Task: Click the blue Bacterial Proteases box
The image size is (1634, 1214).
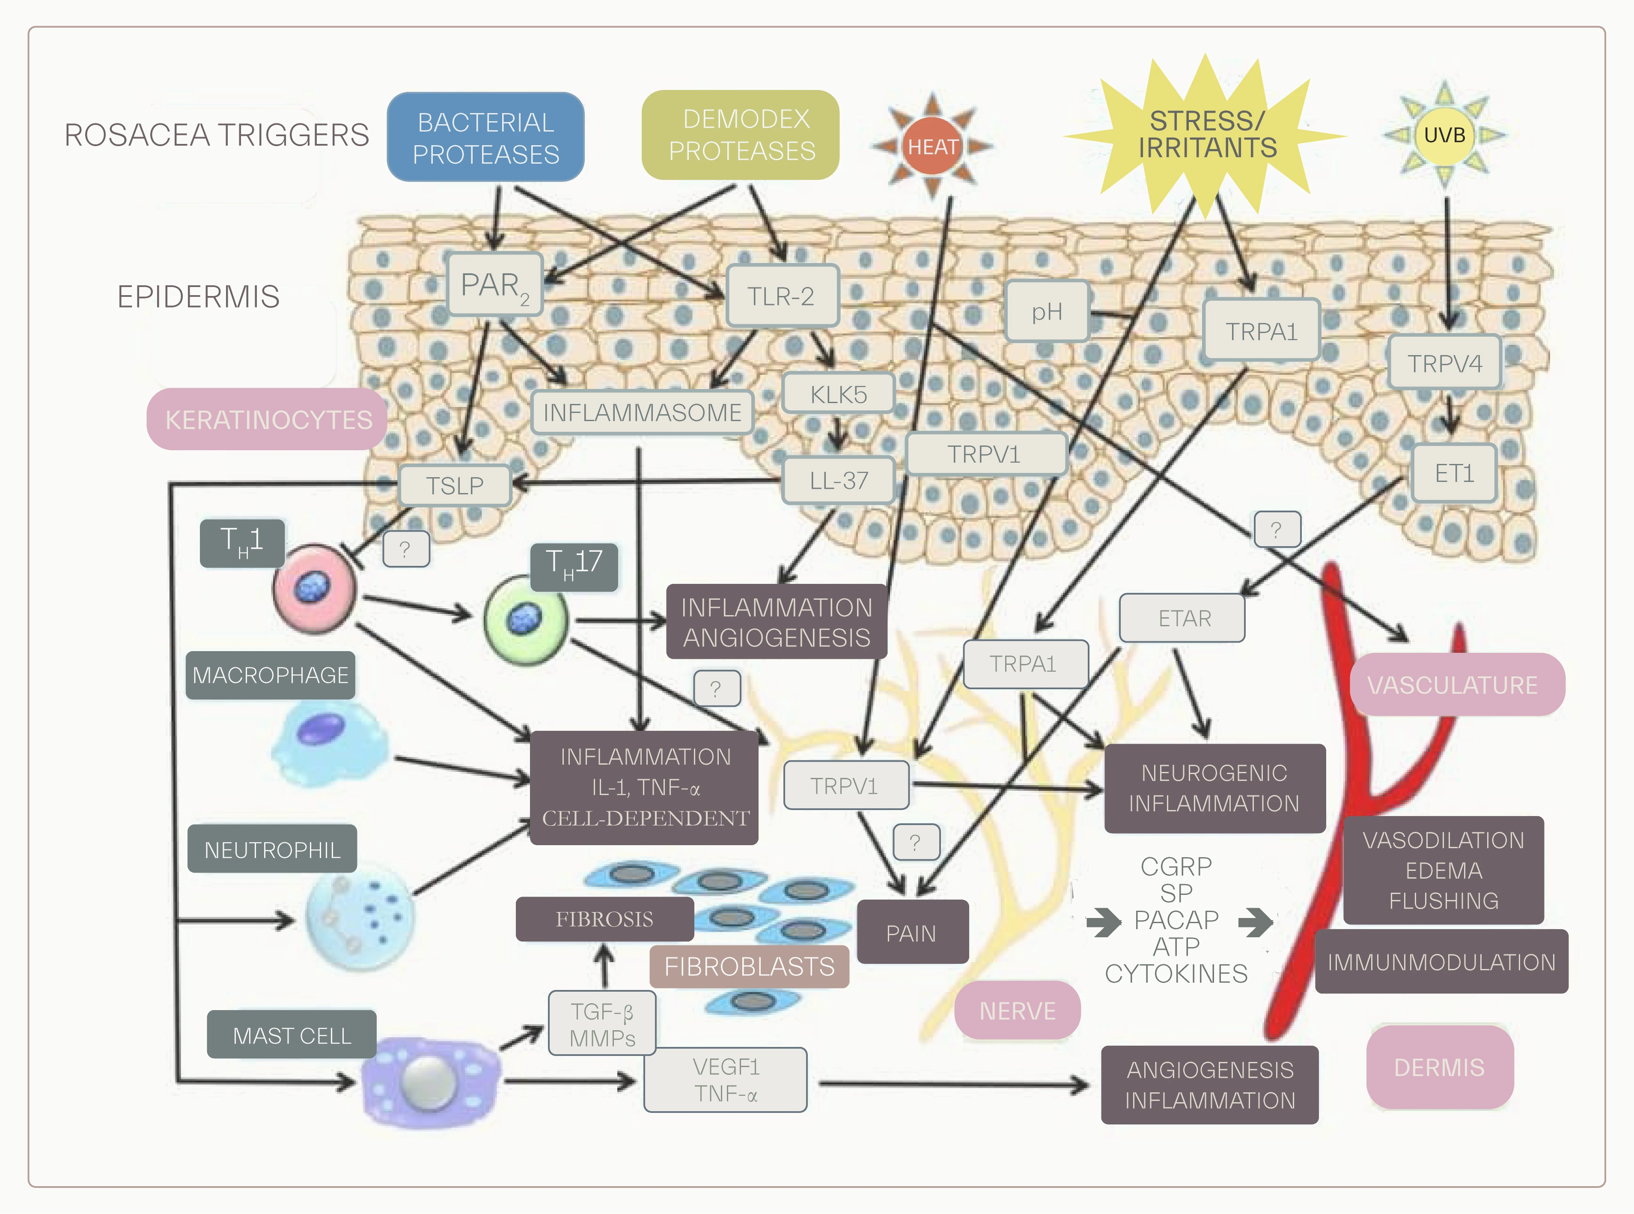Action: point(485,138)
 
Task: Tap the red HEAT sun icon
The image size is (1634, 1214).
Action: point(932,146)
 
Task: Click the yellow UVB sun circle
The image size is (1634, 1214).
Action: point(1444,135)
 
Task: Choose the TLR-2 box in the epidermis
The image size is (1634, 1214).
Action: point(781,296)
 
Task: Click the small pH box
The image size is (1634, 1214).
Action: point(1047,311)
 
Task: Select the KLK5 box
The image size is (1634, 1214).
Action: point(838,394)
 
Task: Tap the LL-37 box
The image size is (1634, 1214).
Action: point(838,481)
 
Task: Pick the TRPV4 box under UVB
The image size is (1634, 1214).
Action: point(1444,363)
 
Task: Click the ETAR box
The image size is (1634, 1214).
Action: point(1182,619)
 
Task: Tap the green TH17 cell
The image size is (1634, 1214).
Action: point(525,619)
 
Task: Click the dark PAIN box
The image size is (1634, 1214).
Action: point(912,933)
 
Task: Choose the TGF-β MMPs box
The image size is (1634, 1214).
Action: point(602,1024)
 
